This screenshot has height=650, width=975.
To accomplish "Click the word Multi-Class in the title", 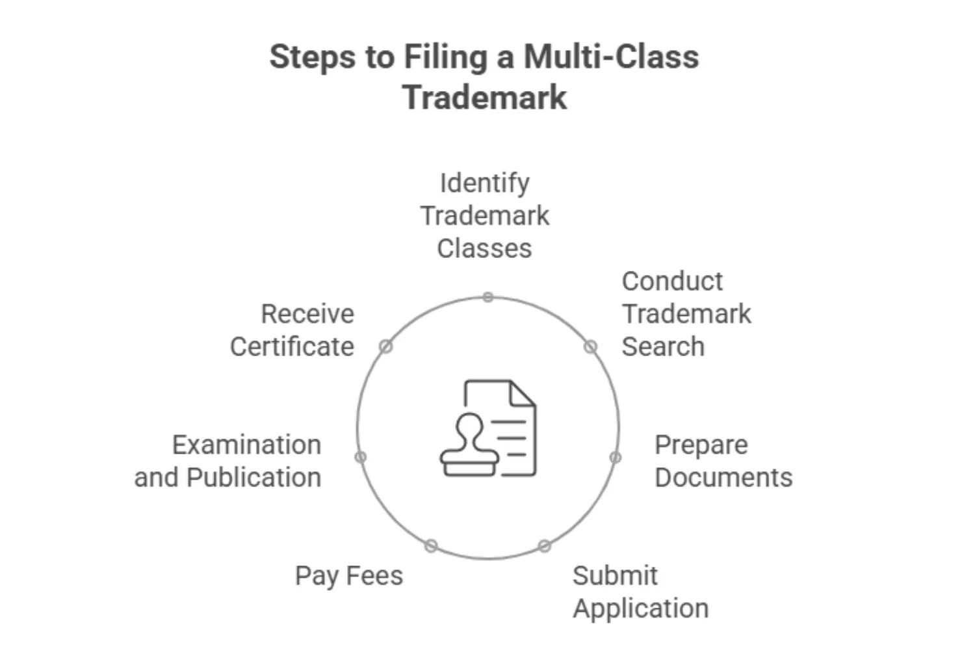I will pos(611,57).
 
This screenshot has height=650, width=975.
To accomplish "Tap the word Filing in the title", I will pos(445,58).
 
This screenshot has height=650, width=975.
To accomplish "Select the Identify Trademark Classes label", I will pos(484,215).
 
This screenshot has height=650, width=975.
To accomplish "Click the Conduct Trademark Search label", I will pos(686,314).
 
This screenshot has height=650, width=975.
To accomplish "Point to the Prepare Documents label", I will pos(723,461).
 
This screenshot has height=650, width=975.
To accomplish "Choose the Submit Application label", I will pos(640,592).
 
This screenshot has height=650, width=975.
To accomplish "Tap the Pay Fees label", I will pos(348,576).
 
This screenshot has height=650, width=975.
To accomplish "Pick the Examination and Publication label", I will pos(228,461).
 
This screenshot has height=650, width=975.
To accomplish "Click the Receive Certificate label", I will pos(292,330).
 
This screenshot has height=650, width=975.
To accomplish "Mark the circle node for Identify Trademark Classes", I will pos(488,298).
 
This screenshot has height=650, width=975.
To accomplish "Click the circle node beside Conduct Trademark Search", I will pos(590,346).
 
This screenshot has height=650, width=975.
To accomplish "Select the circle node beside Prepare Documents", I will pos(615,458).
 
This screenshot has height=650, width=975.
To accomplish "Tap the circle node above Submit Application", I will pos(545,546).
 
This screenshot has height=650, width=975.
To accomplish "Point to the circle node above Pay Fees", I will pos(431,546).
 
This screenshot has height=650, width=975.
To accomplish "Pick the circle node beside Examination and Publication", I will pos(361,457).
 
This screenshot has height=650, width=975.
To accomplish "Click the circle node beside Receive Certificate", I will pos(385,346).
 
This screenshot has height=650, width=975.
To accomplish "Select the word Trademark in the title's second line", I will pos(484,97).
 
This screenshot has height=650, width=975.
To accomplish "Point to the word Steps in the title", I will pos(313,58).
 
